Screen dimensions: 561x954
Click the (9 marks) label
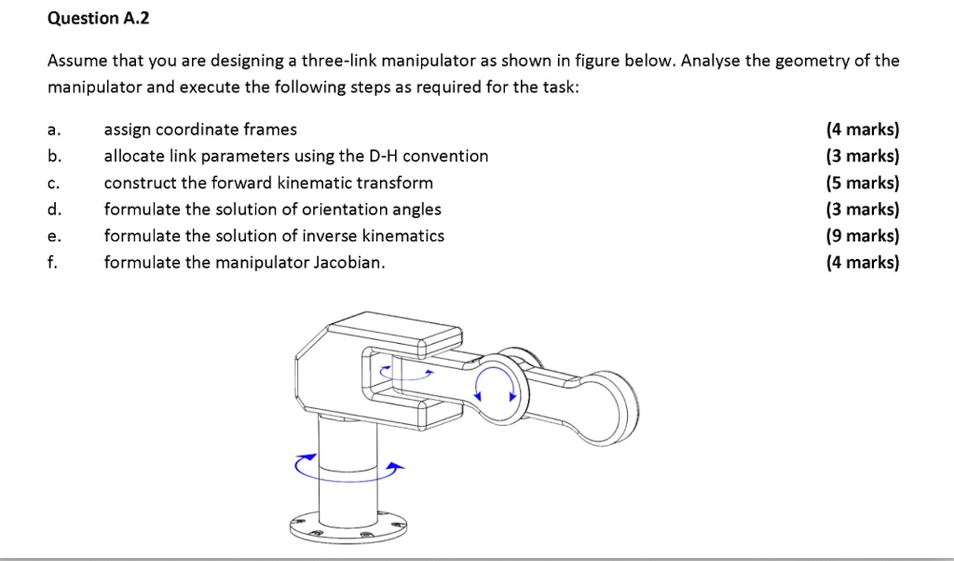click(x=863, y=236)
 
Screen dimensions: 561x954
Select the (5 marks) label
click(x=863, y=183)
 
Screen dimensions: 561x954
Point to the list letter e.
click(x=53, y=237)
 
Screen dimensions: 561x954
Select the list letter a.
click(x=53, y=130)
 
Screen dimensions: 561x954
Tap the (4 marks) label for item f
click(x=863, y=263)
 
